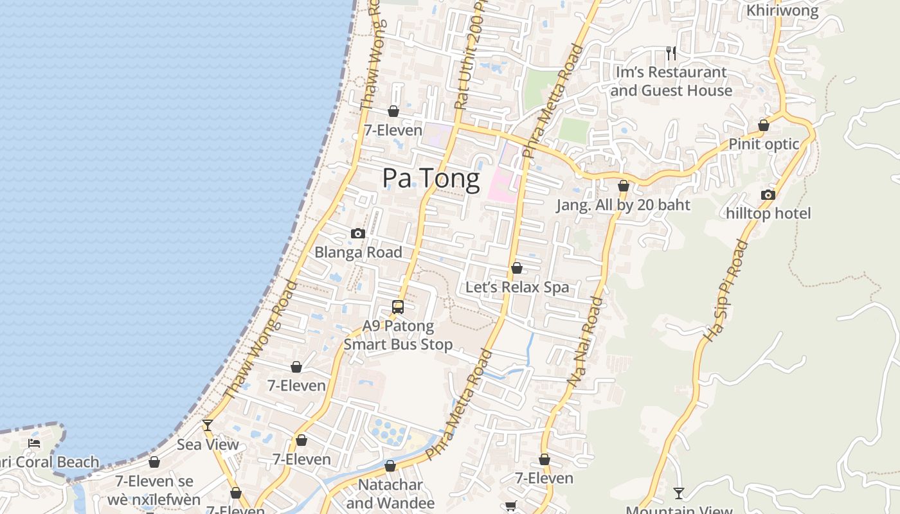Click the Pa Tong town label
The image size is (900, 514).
[431, 179]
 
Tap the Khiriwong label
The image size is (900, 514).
[782, 10]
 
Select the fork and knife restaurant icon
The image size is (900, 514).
[671, 53]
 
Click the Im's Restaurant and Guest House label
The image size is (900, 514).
[671, 82]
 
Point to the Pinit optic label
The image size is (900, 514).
[763, 144]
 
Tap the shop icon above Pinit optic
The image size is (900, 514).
[764, 125]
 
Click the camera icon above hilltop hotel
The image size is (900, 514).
[768, 195]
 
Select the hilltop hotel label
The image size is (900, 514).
[768, 213]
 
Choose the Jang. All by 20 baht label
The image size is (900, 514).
[623, 205]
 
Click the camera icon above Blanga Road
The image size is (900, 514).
[358, 233]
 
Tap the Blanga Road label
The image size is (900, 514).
[358, 253]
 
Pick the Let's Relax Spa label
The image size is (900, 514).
[517, 287]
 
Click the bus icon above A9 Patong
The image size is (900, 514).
[398, 307]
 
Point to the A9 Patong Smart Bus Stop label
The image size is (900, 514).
[398, 335]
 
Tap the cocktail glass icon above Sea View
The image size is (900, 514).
[208, 425]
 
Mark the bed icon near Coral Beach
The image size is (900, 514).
[34, 443]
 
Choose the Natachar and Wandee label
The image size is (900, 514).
[390, 493]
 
